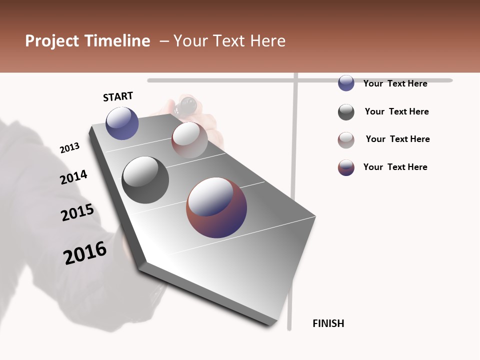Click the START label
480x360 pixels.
point(118,96)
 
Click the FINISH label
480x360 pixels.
point(328,323)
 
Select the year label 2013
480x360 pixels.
point(69,148)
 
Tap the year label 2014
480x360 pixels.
point(73,177)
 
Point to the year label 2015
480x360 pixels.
point(77,212)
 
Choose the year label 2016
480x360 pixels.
point(85,253)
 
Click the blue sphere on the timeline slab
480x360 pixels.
point(122,123)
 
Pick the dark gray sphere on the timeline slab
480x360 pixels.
point(145,180)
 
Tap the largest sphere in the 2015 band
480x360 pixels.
point(216,207)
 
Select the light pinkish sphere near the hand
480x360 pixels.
point(189,139)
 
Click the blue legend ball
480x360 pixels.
point(346,83)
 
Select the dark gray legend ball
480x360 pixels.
point(346,112)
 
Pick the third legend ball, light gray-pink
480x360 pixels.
point(346,140)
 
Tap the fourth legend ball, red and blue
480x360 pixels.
point(346,167)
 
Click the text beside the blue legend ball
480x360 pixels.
point(395,83)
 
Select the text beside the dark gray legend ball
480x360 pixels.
point(396,111)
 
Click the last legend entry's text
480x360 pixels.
point(395,167)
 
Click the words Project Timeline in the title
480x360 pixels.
point(87,41)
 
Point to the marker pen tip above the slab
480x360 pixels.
point(188,104)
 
